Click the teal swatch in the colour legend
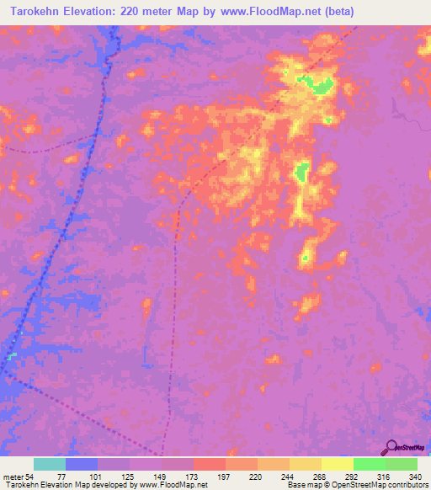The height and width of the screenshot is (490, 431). coord(50,464)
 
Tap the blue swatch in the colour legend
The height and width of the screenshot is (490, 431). coord(82,464)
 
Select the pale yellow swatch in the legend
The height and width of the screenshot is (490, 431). coord(337,464)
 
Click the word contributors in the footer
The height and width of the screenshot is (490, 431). coord(406,485)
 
